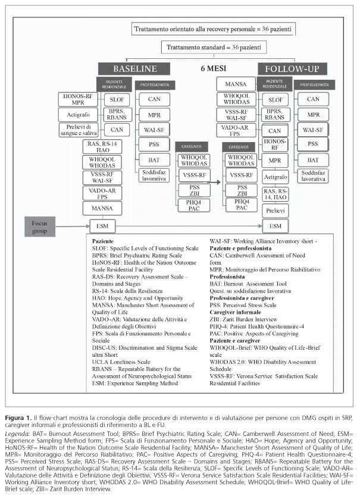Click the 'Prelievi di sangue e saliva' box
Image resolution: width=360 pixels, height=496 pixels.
point(78,130)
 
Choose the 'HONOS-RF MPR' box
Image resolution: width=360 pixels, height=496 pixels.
point(78,98)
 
